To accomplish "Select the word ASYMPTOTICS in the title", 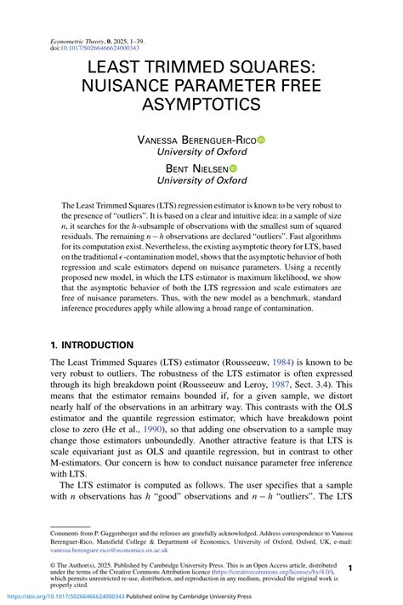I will [x=202, y=105].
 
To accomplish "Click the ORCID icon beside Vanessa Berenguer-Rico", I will [x=262, y=139].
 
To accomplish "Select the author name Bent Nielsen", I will [x=196, y=168].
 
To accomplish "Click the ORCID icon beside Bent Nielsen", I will [x=233, y=168].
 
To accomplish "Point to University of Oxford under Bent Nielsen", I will [x=202, y=180].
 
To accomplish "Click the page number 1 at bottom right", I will [x=351, y=566].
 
